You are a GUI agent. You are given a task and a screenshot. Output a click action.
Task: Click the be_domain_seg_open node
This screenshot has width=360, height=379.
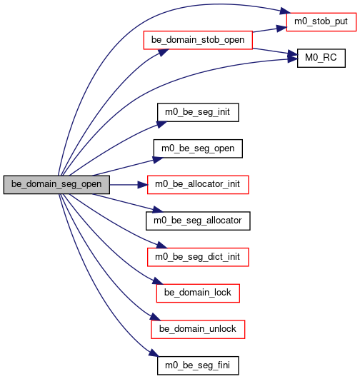click(56, 185)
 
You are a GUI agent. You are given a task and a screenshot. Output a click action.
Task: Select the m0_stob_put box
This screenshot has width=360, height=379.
click(321, 22)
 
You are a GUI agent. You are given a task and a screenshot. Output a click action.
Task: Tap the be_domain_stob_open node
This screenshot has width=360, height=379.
click(198, 40)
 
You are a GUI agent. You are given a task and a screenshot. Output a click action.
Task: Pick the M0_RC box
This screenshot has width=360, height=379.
click(321, 59)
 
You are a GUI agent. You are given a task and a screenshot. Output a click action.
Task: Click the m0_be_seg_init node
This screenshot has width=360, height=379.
click(198, 112)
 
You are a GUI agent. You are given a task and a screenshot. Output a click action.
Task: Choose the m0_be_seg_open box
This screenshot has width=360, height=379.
click(198, 148)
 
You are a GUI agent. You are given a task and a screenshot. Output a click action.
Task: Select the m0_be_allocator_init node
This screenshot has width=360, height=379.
click(198, 185)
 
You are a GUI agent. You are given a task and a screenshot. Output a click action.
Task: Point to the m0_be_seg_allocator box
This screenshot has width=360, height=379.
click(198, 221)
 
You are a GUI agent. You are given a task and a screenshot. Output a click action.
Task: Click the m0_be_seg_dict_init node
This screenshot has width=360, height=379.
click(198, 257)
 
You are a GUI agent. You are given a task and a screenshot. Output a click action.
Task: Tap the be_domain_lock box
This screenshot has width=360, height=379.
click(198, 293)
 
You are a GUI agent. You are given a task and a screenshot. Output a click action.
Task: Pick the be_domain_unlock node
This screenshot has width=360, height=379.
click(198, 330)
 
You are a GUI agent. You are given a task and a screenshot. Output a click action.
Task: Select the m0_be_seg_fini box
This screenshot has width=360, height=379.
click(198, 365)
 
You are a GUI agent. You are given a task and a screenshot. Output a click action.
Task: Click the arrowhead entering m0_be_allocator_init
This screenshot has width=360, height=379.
click(143, 185)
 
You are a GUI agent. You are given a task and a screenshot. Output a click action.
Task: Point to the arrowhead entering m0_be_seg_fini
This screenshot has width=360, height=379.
click(154, 353)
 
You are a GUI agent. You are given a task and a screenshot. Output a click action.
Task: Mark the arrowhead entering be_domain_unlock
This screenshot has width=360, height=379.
click(155, 317)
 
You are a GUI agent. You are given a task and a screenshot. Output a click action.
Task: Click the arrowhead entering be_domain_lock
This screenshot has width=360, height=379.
click(158, 281)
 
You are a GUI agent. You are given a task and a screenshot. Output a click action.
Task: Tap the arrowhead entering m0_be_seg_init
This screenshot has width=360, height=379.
click(161, 124)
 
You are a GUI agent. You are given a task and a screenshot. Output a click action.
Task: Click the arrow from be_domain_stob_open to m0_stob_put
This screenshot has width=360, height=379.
click(269, 29)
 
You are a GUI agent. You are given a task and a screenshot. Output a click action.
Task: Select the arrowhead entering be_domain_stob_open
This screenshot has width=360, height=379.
click(164, 52)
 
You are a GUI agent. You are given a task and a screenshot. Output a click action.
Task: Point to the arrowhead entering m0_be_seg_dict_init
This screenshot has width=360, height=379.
click(161, 245)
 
